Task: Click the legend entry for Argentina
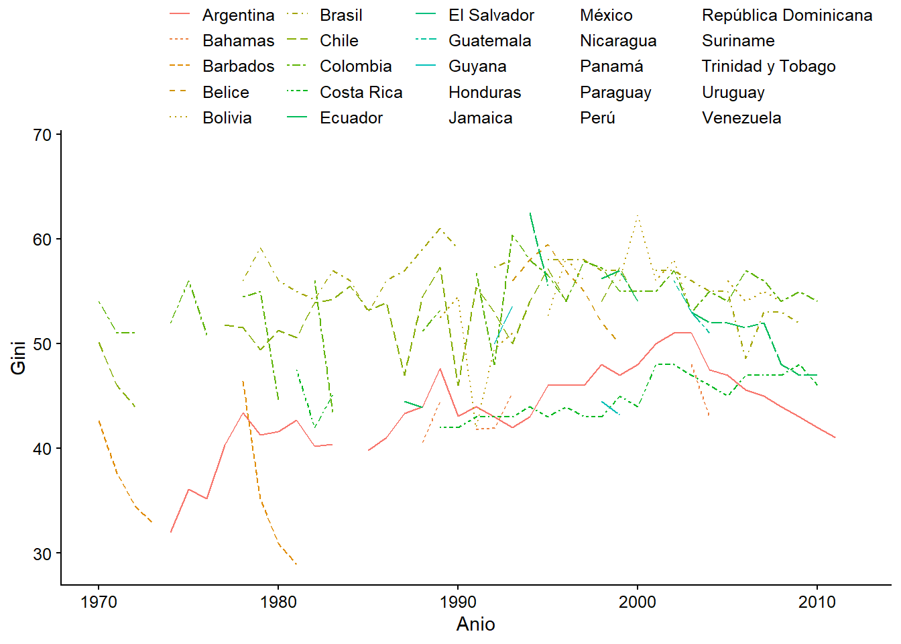point(238,15)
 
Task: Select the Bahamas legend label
point(238,41)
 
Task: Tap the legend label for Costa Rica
point(361,93)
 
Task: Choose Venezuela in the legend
point(741,118)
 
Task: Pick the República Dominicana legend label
point(787,15)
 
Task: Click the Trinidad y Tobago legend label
point(768,66)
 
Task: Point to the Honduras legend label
point(484,93)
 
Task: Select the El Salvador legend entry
point(491,15)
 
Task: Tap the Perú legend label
point(597,118)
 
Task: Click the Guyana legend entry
point(477,66)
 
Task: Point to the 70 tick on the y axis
point(42,135)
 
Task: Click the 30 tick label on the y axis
point(42,553)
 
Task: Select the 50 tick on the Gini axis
point(42,344)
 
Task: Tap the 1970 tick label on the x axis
point(99,602)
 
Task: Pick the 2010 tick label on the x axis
point(817,602)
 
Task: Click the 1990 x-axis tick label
point(458,602)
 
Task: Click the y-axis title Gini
point(18,358)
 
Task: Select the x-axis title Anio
point(475,625)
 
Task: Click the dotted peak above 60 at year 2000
point(638,216)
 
